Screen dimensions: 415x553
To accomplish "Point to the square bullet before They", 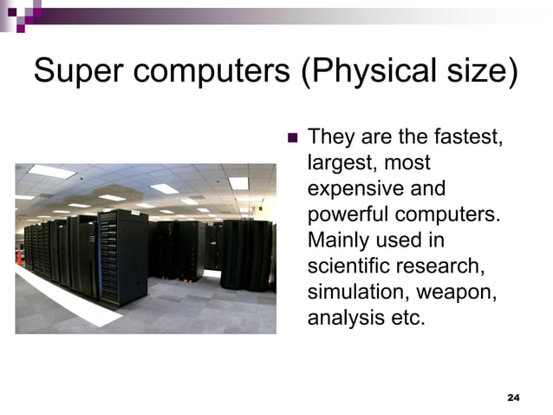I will (291, 138).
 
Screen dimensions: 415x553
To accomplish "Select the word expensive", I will (362, 188).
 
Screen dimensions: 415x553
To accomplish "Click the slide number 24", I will (512, 398).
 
